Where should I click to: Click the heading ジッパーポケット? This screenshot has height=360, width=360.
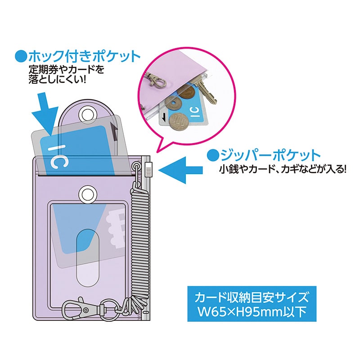pos(269,155)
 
